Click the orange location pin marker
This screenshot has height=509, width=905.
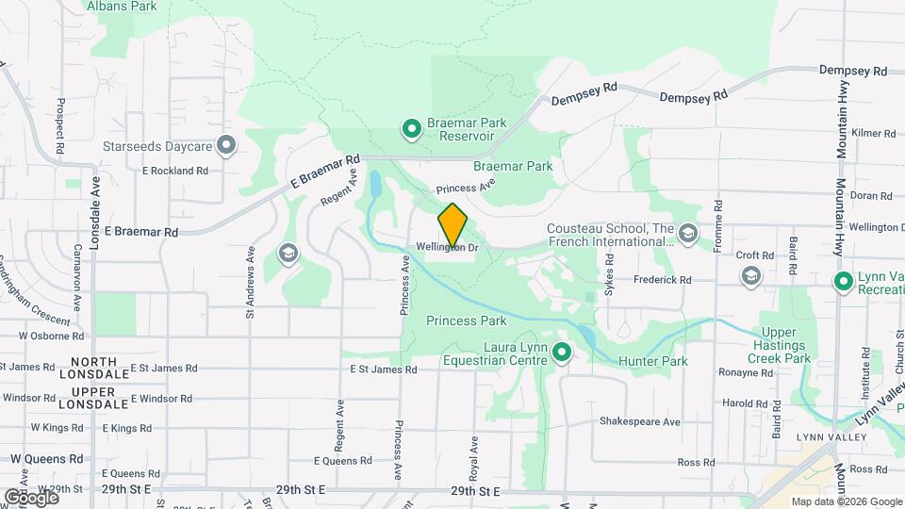coord(453,225)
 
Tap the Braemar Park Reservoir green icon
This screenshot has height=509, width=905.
coord(411,128)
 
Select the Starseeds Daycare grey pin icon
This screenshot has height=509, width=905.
coord(226,146)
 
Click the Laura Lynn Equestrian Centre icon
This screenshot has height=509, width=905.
coord(562,353)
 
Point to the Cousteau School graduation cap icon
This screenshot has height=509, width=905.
coord(688,233)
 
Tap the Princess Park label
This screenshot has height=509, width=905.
coord(466,320)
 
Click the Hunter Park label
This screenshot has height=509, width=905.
coord(652,361)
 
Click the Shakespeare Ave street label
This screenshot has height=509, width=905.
coord(639,421)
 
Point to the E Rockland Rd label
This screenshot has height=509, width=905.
coord(174,171)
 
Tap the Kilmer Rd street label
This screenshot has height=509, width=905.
coord(871,134)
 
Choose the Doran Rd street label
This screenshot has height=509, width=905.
coord(870,196)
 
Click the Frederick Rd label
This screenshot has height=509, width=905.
coord(662,280)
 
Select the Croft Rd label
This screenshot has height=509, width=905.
coord(754,255)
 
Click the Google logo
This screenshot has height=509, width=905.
coord(32,497)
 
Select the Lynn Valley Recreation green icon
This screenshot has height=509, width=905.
coord(845,281)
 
